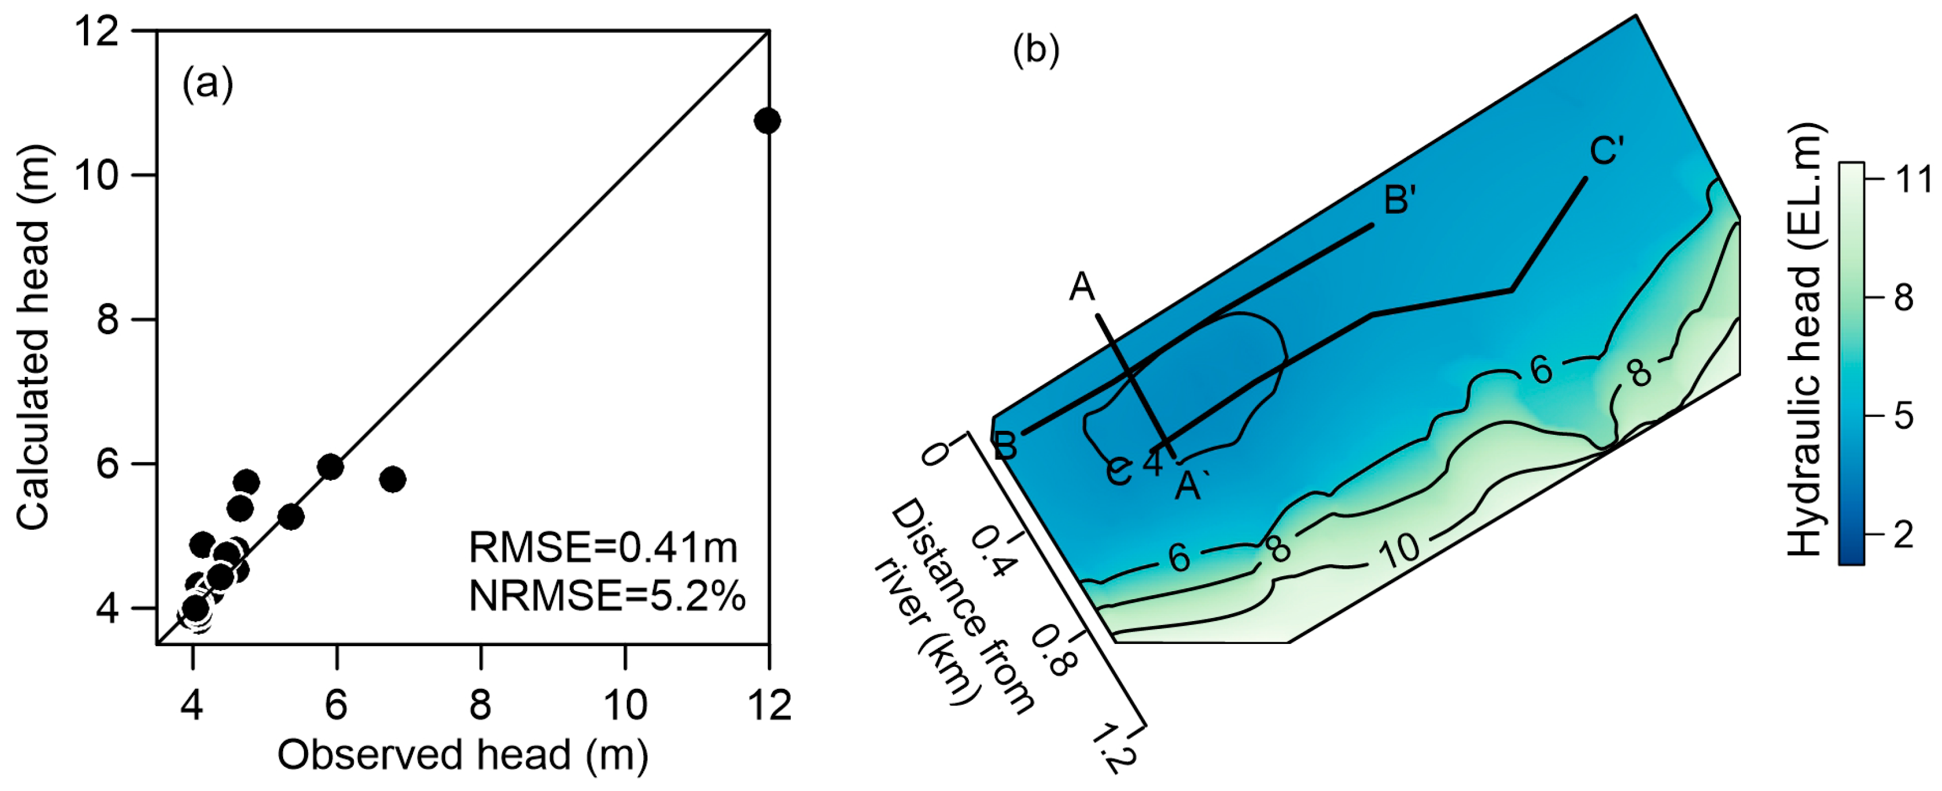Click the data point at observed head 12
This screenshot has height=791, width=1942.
click(x=767, y=121)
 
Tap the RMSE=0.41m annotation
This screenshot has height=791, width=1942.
click(x=603, y=547)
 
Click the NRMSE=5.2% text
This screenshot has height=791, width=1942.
click(x=607, y=596)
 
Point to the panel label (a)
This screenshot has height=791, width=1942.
click(x=207, y=84)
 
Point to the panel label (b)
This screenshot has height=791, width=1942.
click(x=1036, y=50)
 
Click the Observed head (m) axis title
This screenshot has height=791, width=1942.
click(x=463, y=755)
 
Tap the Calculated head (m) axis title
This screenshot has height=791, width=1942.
click(x=34, y=337)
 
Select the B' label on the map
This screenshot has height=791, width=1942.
click(x=1400, y=200)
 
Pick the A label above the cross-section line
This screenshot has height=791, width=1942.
click(x=1082, y=287)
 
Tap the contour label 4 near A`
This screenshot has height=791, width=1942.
click(x=1153, y=462)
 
